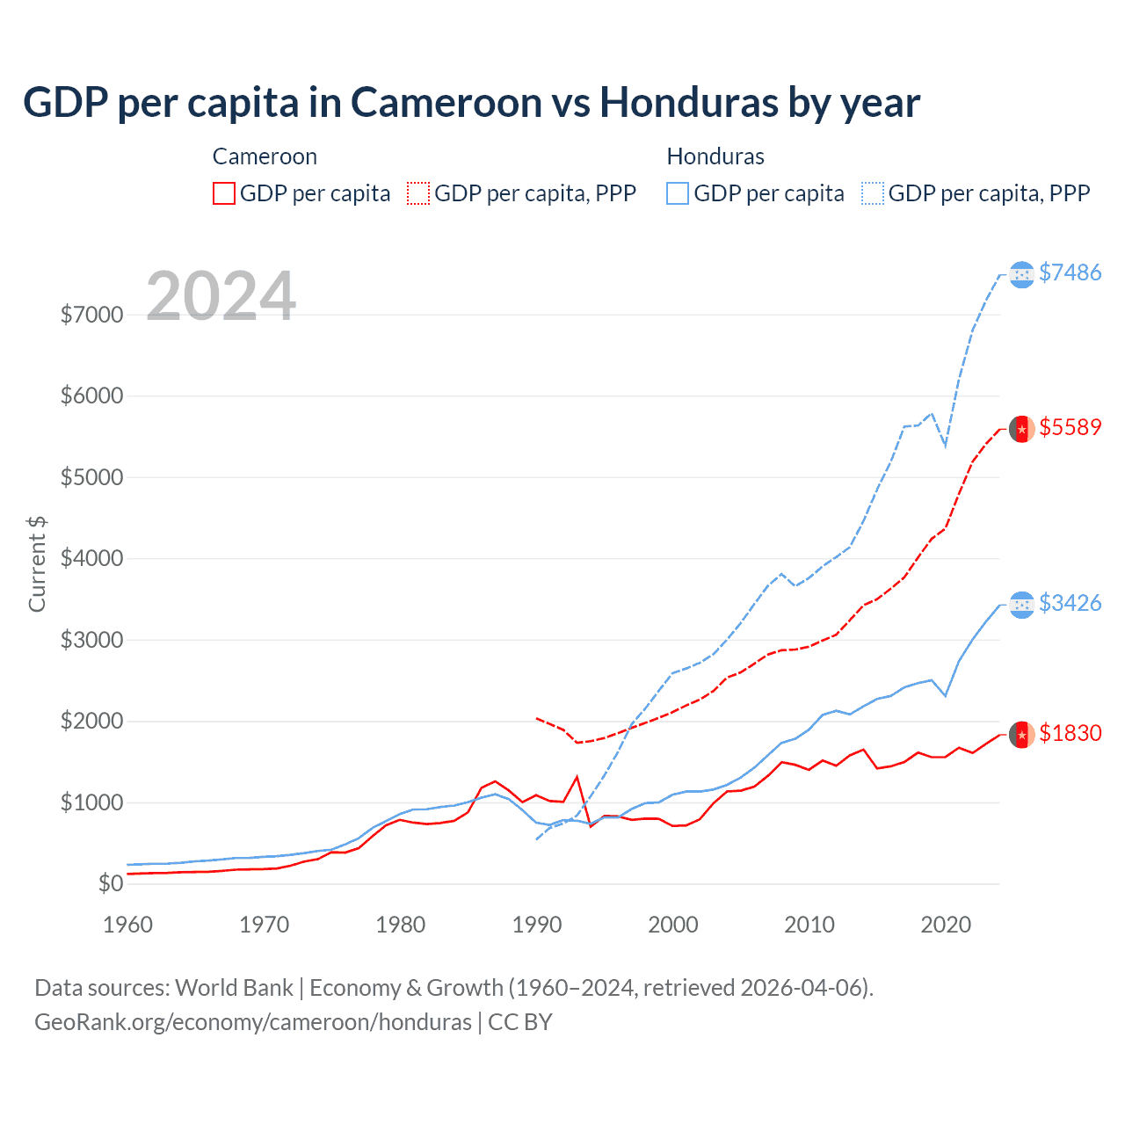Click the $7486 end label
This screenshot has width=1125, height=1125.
pyautogui.click(x=1070, y=272)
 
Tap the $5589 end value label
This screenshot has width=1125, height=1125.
pyautogui.click(x=1070, y=427)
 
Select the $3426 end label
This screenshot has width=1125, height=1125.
pyautogui.click(x=1070, y=603)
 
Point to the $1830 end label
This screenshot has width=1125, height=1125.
pyautogui.click(x=1070, y=733)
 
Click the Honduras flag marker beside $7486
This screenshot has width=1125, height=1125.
pyautogui.click(x=1021, y=275)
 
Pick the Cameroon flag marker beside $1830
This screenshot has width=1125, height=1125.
pyautogui.click(x=1021, y=734)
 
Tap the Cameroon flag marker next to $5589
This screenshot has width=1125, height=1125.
pyautogui.click(x=1021, y=429)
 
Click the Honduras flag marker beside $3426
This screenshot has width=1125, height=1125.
pyautogui.click(x=1021, y=605)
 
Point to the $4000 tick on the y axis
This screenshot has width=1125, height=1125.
pyautogui.click(x=91, y=559)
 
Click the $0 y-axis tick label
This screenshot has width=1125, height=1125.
pyautogui.click(x=110, y=883)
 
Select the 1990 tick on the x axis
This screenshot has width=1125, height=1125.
pyautogui.click(x=537, y=925)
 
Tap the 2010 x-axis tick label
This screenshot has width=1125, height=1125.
pyautogui.click(x=809, y=925)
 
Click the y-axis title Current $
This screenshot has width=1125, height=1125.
pyautogui.click(x=37, y=564)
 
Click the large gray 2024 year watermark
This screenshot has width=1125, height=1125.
pyautogui.click(x=221, y=296)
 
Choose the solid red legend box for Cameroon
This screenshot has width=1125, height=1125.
pyautogui.click(x=224, y=193)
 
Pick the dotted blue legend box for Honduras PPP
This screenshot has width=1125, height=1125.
pyautogui.click(x=873, y=193)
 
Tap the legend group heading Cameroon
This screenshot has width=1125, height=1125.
pyautogui.click(x=265, y=156)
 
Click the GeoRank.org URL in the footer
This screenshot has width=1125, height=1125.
pyautogui.click(x=253, y=1022)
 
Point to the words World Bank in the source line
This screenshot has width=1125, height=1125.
pyautogui.click(x=234, y=988)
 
